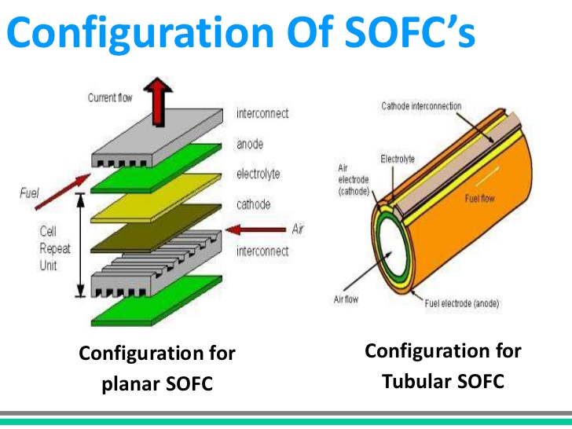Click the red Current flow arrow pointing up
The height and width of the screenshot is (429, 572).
[158, 102]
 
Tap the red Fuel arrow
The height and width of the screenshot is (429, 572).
[63, 192]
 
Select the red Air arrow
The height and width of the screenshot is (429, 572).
[255, 229]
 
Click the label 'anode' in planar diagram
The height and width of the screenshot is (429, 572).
[250, 144]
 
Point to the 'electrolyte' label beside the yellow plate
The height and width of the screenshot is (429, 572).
[258, 174]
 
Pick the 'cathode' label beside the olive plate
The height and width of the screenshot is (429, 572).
[254, 204]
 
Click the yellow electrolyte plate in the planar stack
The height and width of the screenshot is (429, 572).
[156, 198]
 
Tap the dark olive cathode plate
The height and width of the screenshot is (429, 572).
[156, 228]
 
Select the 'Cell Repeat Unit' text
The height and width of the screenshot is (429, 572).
[55, 248]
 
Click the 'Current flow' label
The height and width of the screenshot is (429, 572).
[110, 97]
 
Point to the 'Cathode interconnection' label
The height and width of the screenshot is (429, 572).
[421, 106]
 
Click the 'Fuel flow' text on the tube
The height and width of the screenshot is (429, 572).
[479, 199]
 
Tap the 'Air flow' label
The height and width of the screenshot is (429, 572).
[346, 299]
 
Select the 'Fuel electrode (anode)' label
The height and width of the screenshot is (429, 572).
[462, 303]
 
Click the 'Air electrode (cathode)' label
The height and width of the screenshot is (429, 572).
[354, 180]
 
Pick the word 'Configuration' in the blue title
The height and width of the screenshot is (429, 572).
[141, 32]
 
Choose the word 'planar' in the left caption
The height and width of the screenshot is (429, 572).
[130, 384]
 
